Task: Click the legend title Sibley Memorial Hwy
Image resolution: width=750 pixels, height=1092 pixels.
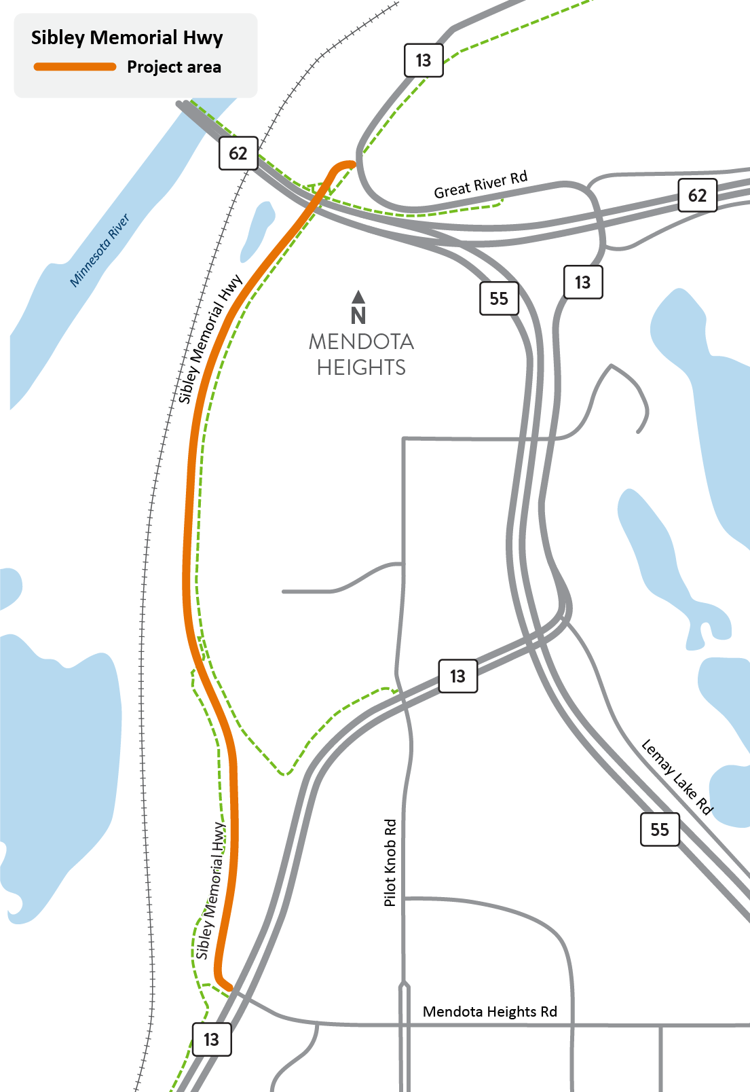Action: coord(127,37)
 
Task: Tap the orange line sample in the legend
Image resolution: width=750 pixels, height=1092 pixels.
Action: coord(75,67)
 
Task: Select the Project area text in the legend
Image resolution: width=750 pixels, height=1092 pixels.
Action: coord(174,67)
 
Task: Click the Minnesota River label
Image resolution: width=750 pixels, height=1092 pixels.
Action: coord(100,251)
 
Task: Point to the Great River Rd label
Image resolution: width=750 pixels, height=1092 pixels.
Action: coord(481,185)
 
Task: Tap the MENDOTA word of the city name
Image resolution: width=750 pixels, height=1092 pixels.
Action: coord(361,342)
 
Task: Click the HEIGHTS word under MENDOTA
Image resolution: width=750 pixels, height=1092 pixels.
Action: coord(361,367)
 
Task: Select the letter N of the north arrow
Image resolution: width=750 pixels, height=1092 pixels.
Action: coord(358,316)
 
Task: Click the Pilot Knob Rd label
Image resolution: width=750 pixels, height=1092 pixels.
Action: coord(390,862)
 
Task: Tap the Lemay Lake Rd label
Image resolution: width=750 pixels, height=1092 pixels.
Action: coord(677,776)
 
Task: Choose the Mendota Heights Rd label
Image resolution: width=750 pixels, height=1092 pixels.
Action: coord(489,1012)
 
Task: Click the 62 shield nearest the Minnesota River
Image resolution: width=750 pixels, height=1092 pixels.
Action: coord(238,153)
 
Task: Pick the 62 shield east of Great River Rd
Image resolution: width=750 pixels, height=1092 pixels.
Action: coord(697,196)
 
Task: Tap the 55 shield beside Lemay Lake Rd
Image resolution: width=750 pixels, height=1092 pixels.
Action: coord(659,829)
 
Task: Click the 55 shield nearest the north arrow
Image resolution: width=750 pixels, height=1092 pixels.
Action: coord(499,299)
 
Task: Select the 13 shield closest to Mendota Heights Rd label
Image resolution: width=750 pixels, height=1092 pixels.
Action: coord(212,1039)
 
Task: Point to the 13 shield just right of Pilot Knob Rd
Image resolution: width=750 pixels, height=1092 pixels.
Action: coord(457,676)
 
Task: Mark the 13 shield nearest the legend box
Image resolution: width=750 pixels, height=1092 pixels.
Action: coord(424,60)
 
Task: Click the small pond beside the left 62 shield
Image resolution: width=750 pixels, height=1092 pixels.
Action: coord(258,231)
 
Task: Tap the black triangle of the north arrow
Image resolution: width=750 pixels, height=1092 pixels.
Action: coord(358,297)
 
